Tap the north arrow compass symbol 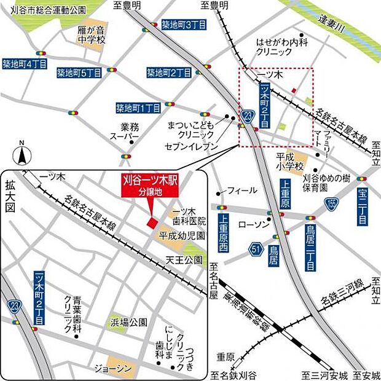(x=22, y=154)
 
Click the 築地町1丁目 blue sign (x=138, y=108)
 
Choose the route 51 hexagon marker (x=256, y=249)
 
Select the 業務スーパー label (x=125, y=130)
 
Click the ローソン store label (x=249, y=225)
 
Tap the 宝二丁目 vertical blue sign (x=363, y=206)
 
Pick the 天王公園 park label (x=184, y=261)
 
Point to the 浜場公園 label (x=129, y=321)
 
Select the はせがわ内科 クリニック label (x=281, y=47)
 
